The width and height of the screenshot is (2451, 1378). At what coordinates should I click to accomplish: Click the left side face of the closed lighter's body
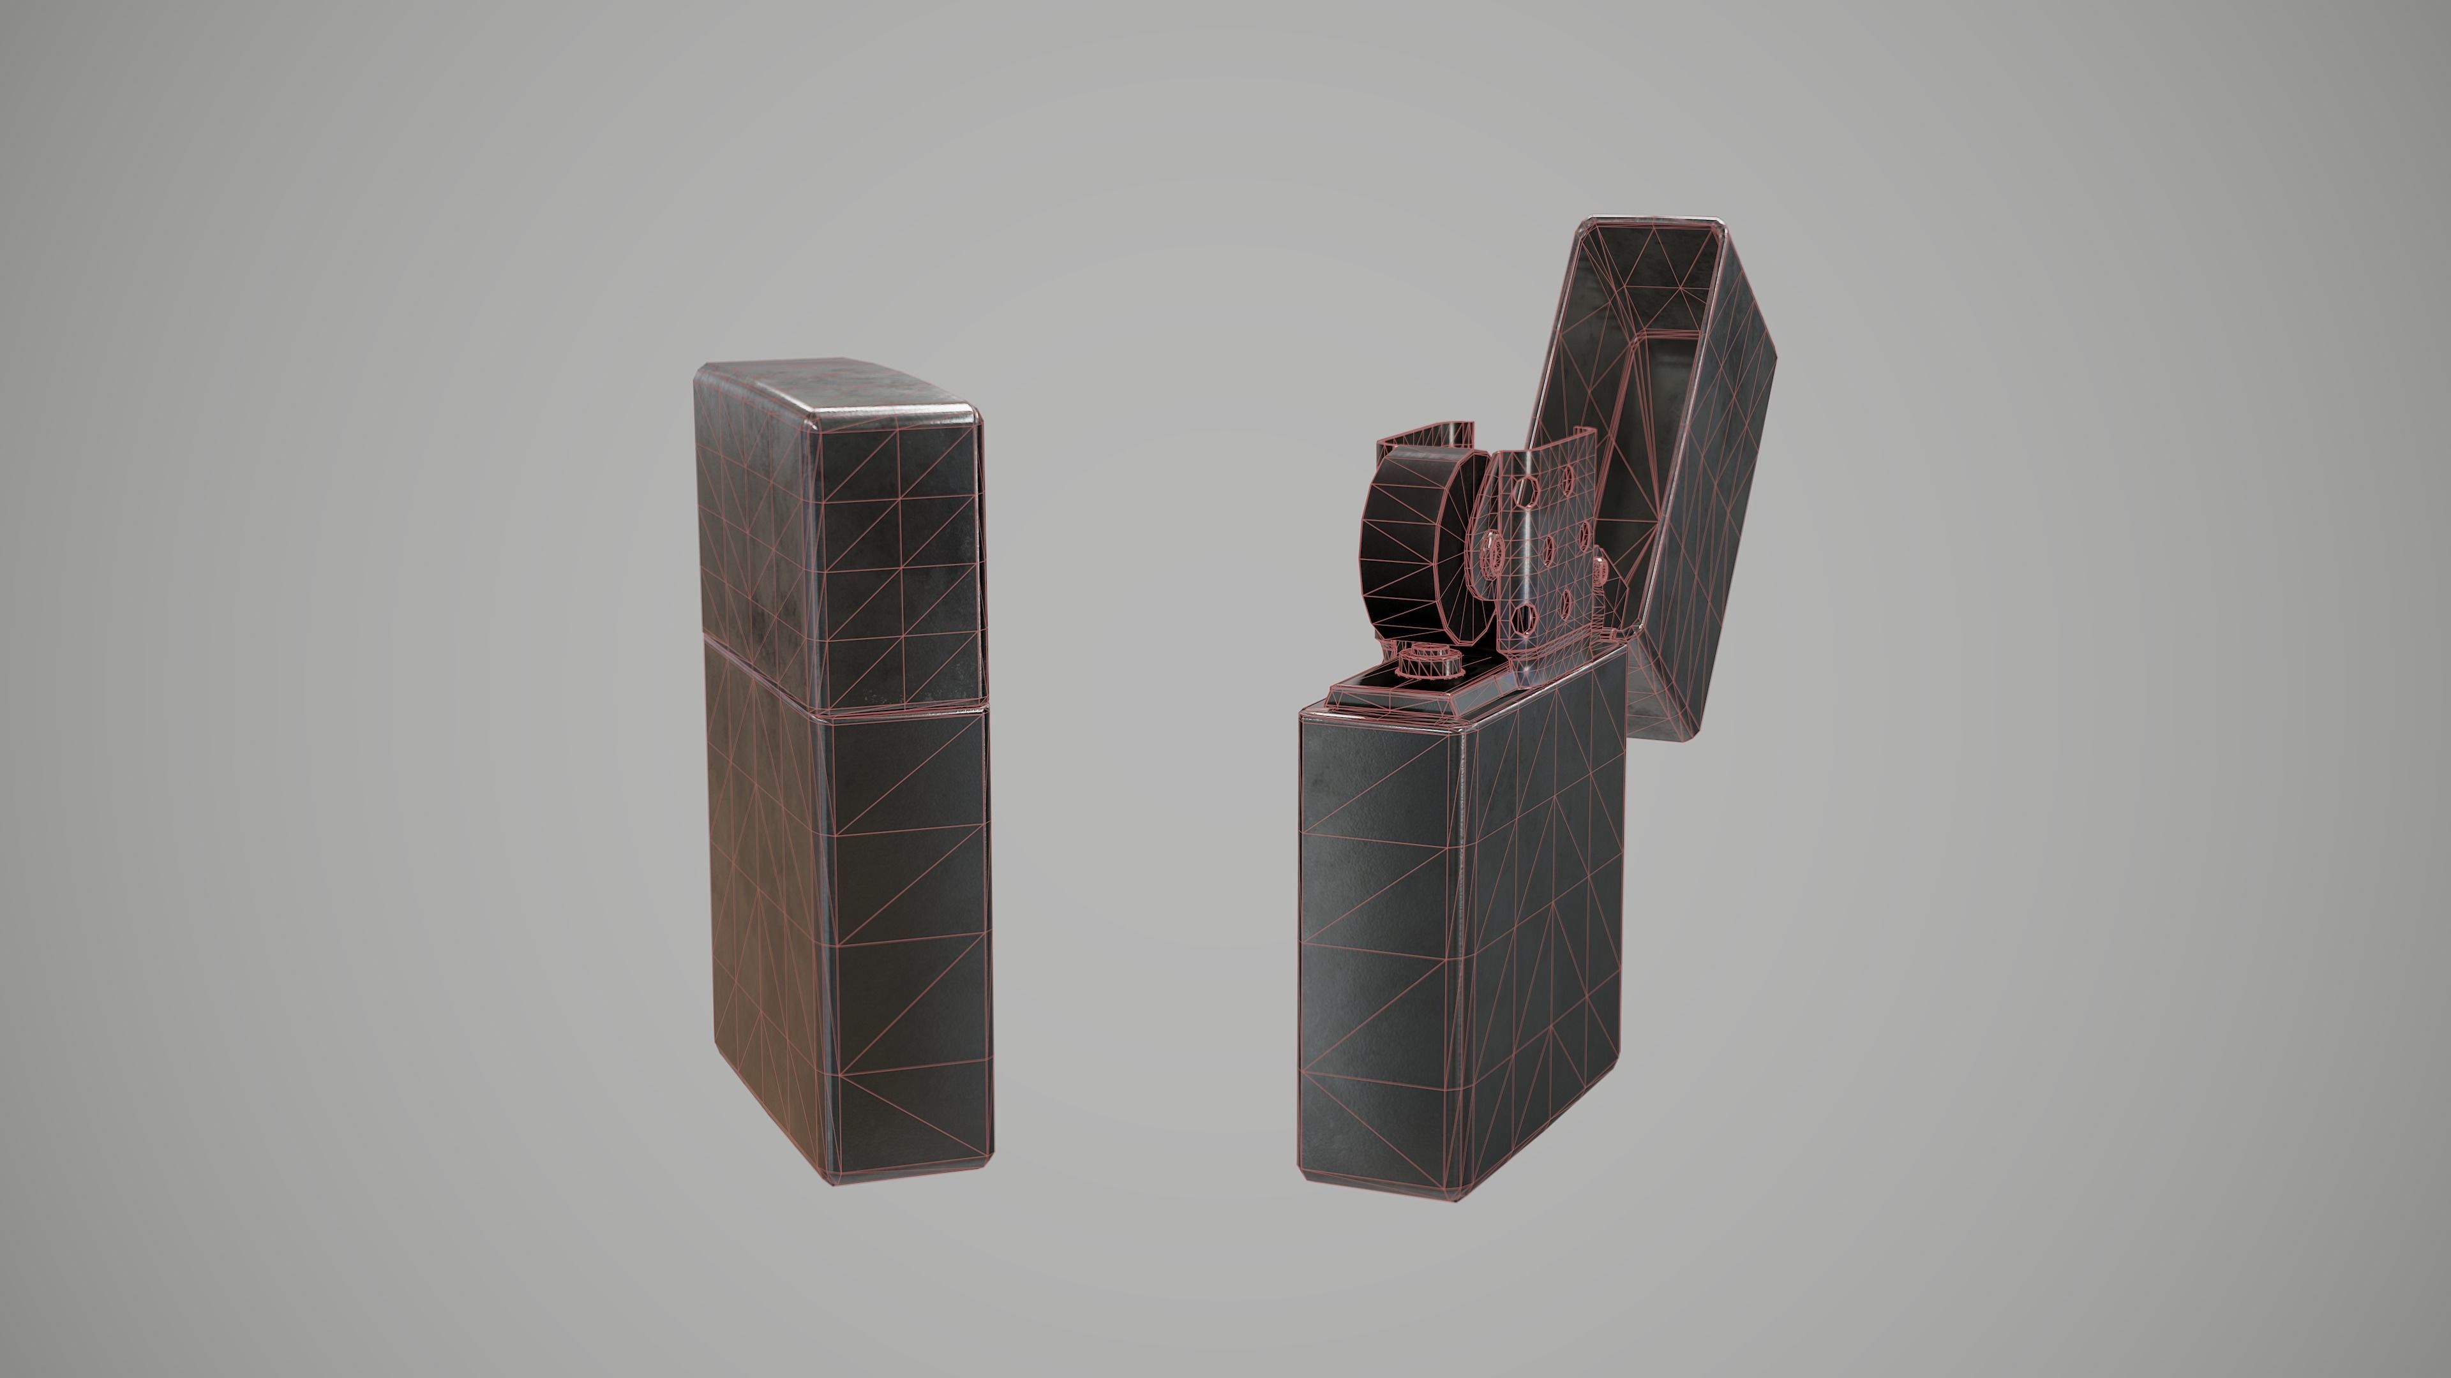click(761, 903)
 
